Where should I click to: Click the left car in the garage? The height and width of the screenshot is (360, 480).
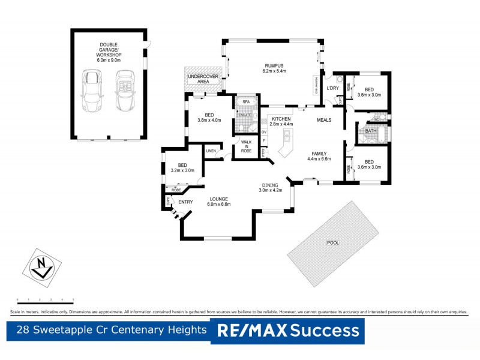(91, 91)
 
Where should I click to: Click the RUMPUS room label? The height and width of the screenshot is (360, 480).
(274, 68)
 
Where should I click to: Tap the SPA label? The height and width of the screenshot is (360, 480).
(245, 102)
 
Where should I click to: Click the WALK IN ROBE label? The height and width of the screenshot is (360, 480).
(246, 146)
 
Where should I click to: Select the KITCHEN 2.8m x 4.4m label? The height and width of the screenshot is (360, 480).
(281, 122)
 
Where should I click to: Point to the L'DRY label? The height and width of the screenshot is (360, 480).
(333, 89)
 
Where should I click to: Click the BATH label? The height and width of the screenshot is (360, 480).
(371, 130)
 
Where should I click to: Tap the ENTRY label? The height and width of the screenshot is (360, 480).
(185, 202)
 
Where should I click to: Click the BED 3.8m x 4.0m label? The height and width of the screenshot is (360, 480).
(209, 117)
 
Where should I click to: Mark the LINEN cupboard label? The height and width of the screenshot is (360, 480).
(211, 151)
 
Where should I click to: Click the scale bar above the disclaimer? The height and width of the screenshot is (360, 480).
(45, 299)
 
